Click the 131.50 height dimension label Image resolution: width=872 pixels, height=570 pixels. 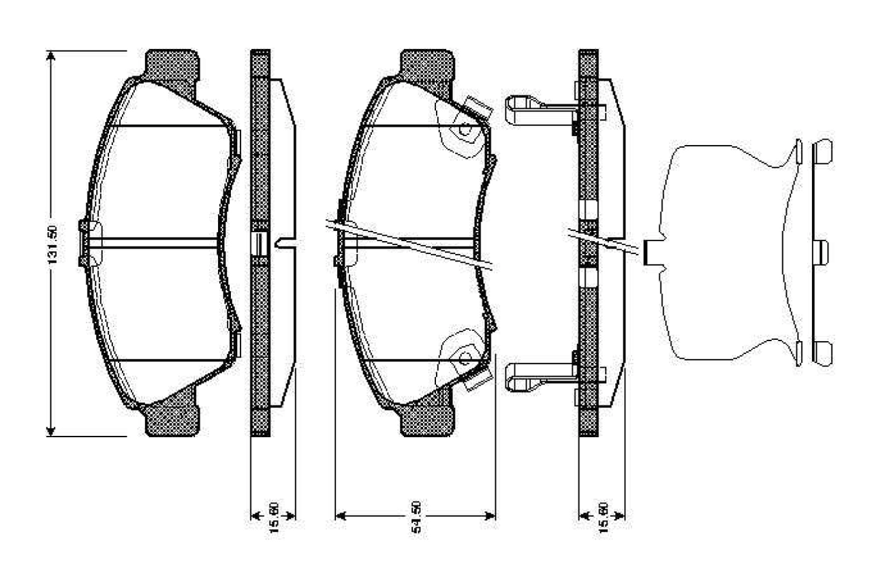click(x=52, y=244)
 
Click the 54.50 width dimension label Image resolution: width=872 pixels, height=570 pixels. click(x=416, y=516)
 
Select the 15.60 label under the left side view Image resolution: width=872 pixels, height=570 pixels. click(x=274, y=518)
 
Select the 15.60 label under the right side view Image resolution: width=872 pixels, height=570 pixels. click(x=603, y=518)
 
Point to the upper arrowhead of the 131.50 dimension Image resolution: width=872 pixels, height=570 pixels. click(x=50, y=56)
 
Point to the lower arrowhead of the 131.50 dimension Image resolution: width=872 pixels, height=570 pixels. click(x=50, y=431)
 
